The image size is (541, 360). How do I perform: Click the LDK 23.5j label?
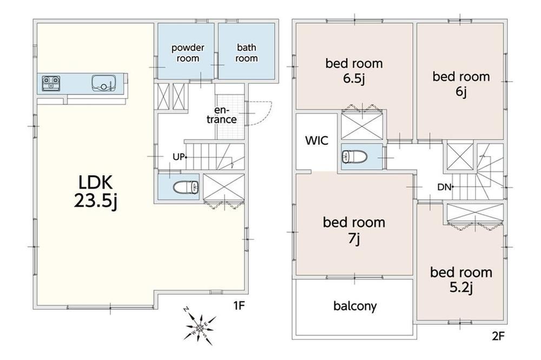(96, 192)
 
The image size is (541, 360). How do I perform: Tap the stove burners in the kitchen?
(51, 83)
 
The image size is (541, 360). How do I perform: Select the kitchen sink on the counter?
(103, 83)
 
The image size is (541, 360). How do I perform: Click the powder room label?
(188, 53)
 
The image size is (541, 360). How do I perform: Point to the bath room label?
(246, 53)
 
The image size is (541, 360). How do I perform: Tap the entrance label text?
(221, 115)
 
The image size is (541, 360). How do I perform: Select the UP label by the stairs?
(179, 157)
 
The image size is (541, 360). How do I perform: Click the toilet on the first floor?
(185, 187)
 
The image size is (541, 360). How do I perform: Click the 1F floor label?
(239, 305)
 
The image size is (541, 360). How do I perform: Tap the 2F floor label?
(499, 336)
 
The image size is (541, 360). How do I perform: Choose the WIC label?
(316, 141)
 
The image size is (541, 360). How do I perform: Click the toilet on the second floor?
(354, 157)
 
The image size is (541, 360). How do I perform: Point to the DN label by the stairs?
(444, 187)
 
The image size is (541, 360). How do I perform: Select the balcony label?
(355, 306)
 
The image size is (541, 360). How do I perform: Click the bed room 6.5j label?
(354, 71)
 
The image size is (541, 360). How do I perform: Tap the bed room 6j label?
(461, 84)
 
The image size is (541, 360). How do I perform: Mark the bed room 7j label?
(354, 230)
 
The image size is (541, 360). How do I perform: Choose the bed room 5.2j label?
(461, 279)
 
